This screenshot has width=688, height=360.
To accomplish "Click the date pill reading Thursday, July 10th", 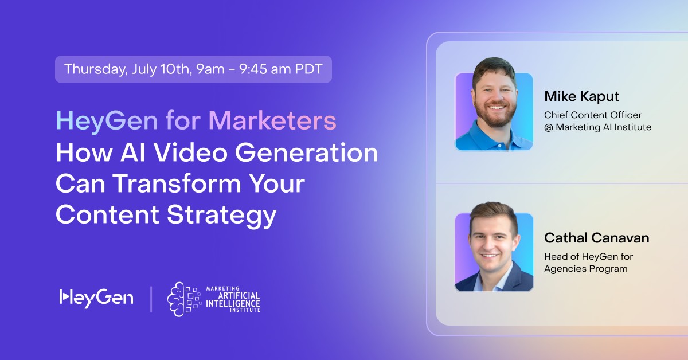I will click(193, 69).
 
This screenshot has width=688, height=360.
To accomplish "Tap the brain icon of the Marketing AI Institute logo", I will click(183, 299).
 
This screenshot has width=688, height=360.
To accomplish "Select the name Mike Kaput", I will click(582, 96).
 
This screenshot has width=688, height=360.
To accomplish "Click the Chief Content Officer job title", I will click(593, 115).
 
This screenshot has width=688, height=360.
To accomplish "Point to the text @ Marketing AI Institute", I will click(597, 127).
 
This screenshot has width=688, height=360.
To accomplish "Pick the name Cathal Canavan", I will click(597, 237).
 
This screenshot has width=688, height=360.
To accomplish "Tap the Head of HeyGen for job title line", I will click(588, 256).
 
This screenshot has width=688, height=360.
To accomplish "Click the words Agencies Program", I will click(585, 268).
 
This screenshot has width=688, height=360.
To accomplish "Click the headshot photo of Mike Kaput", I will click(494, 111).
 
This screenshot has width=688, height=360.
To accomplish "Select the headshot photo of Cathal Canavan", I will click(494, 252).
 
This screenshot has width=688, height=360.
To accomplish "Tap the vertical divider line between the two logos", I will click(151, 299).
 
